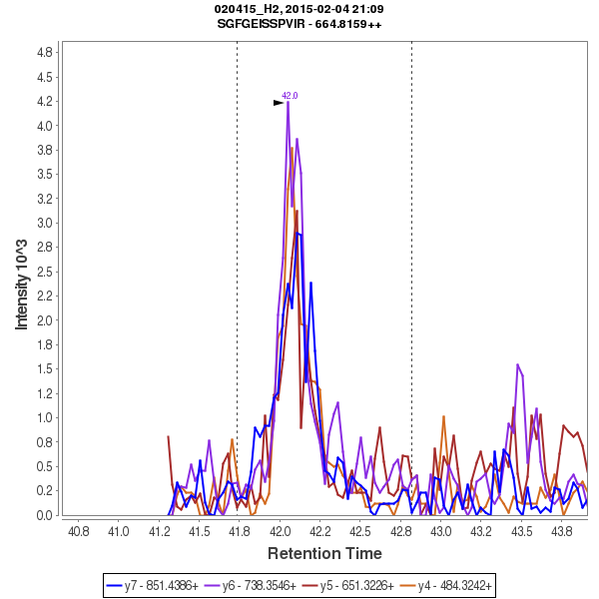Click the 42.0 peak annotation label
pos(290,96)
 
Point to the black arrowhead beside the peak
pos(279,102)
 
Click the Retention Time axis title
pos(323,553)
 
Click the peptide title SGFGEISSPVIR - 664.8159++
pos(299,23)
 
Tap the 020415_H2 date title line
pos(299,9)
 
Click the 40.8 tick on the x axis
pos(76,529)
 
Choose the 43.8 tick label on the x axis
pos(563,529)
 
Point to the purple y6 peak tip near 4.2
pos(288,103)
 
